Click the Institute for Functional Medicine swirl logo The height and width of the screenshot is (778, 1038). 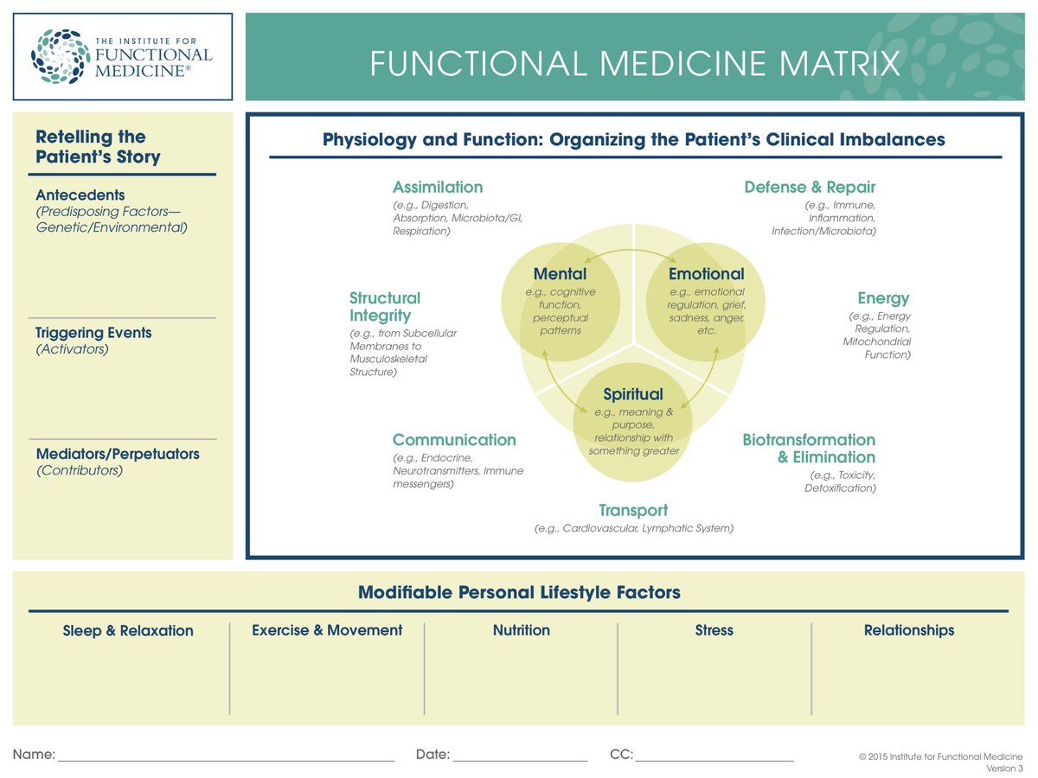tap(60, 57)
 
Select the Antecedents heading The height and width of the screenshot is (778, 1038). tap(80, 195)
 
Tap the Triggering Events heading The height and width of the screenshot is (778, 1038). tap(93, 333)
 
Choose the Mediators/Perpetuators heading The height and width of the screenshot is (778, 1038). tap(118, 454)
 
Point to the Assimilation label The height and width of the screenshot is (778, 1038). tap(438, 188)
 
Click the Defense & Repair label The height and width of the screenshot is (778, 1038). tap(810, 188)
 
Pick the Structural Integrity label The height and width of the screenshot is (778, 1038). tap(385, 307)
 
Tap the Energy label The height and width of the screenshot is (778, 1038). tap(883, 298)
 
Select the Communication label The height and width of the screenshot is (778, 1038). tap(454, 440)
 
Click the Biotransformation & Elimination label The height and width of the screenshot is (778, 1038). tap(809, 449)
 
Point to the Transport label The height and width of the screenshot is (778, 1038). tap(633, 510)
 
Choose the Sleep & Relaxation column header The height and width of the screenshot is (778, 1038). tap(128, 631)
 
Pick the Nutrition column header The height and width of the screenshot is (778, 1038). tap(521, 630)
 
